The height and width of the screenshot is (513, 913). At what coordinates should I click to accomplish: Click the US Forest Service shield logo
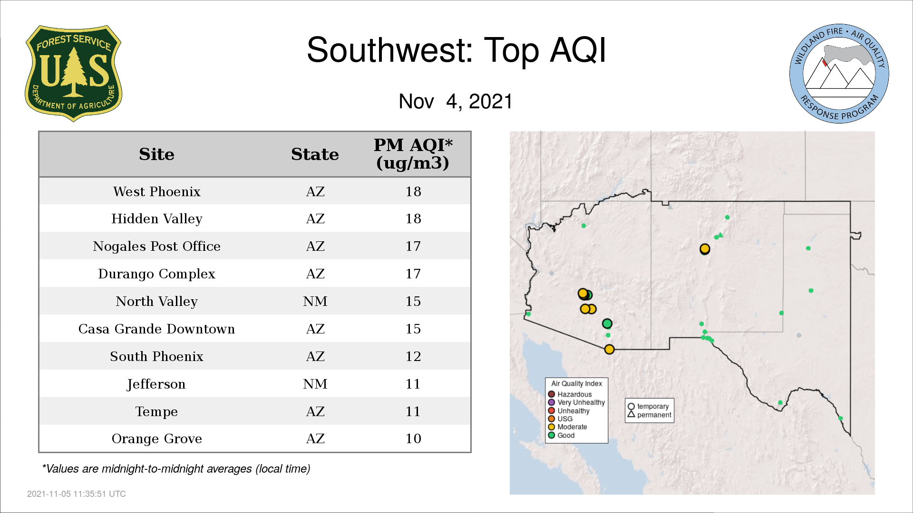tap(73, 73)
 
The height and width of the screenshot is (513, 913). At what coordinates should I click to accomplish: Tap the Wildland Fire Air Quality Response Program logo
tap(839, 74)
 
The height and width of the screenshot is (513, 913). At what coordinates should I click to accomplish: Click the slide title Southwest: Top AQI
tap(456, 50)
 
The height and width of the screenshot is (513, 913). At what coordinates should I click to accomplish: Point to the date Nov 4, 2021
tap(456, 101)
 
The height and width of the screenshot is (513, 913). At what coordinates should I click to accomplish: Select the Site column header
tap(156, 154)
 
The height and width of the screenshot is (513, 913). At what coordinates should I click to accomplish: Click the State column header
tap(315, 154)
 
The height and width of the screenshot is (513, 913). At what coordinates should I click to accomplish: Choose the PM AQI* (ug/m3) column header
tap(413, 154)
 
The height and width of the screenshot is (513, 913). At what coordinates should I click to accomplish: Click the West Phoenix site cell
tap(156, 191)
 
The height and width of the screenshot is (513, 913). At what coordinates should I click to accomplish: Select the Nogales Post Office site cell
tap(156, 246)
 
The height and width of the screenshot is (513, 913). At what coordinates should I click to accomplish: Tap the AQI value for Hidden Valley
tap(413, 218)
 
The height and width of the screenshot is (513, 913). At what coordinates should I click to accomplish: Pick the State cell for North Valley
tap(315, 301)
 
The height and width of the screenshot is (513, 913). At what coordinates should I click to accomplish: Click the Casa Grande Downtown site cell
tap(156, 329)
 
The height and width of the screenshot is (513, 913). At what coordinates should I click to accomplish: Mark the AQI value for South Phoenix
tap(413, 356)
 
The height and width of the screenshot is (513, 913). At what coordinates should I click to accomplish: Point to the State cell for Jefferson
tap(315, 384)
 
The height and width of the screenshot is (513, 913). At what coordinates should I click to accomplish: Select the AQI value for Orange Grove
tap(413, 438)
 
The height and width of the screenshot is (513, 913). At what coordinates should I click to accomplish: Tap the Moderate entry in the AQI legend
tap(567, 427)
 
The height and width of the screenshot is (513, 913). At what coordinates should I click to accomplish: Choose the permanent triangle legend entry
tap(649, 415)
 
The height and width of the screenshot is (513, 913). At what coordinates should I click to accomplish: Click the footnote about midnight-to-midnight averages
tap(176, 469)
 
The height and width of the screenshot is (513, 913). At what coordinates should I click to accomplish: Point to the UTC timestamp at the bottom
tap(77, 494)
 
